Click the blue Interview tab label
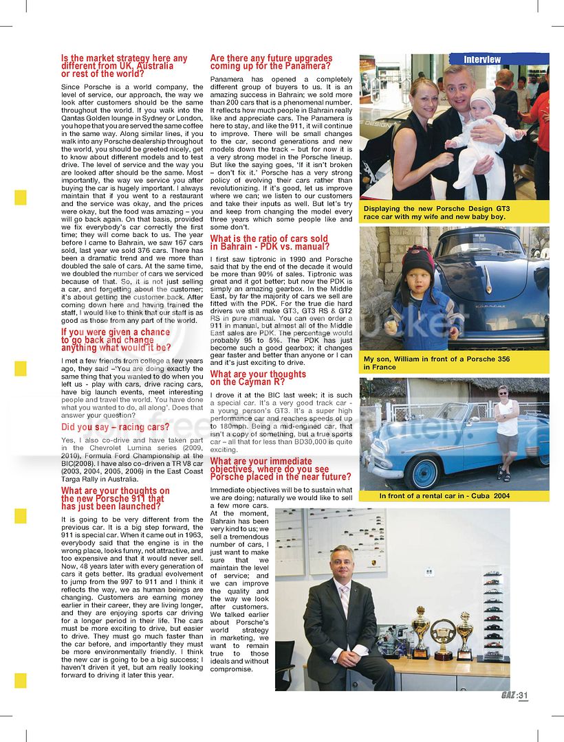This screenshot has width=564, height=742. [482, 60]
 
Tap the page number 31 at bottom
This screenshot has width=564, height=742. [523, 695]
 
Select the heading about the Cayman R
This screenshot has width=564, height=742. [258, 379]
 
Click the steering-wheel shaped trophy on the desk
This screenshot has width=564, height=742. [443, 636]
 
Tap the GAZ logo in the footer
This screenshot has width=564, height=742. [508, 695]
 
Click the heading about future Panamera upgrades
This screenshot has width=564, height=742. [271, 63]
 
